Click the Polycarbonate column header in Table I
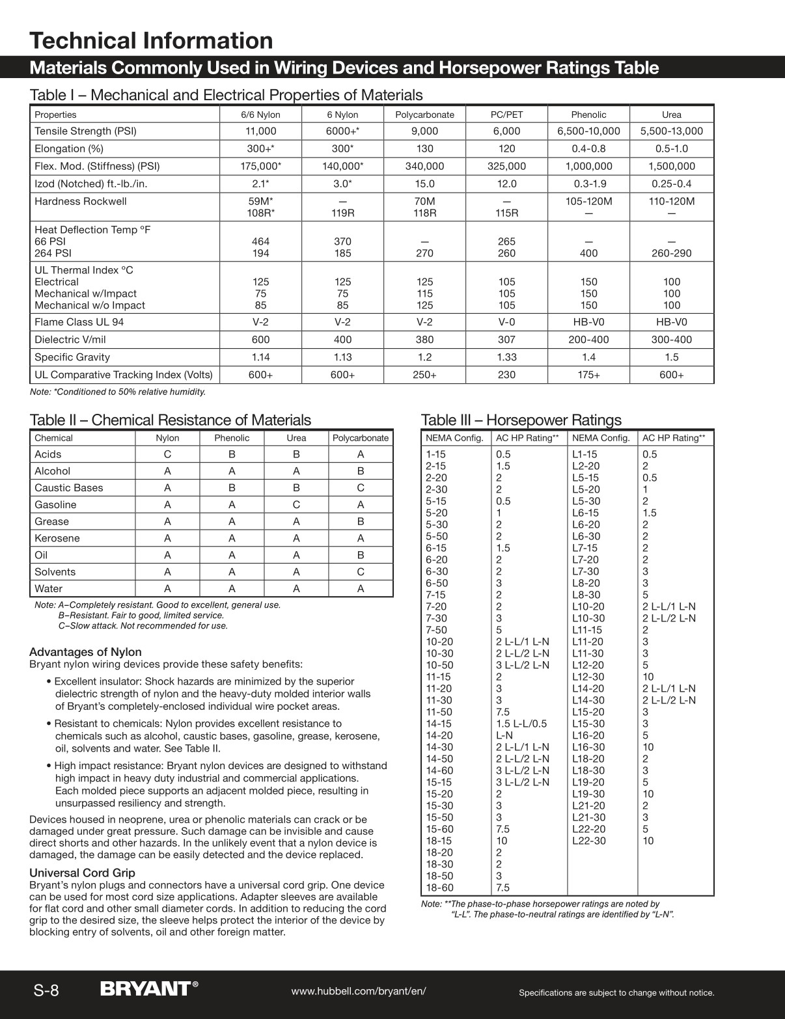424,115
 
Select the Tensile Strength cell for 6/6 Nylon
260,131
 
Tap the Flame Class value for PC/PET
506,322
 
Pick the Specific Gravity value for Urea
671,357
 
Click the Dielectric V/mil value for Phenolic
588,340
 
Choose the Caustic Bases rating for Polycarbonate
361,488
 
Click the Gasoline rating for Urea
296,505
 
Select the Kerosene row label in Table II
57,538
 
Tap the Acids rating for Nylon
167,454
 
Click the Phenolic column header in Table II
232,438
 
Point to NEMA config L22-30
588,841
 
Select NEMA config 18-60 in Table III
439,888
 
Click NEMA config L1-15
585,454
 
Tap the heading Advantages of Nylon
85,652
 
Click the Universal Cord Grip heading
82,873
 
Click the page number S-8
46,990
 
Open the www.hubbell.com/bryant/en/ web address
359,991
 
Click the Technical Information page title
151,40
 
